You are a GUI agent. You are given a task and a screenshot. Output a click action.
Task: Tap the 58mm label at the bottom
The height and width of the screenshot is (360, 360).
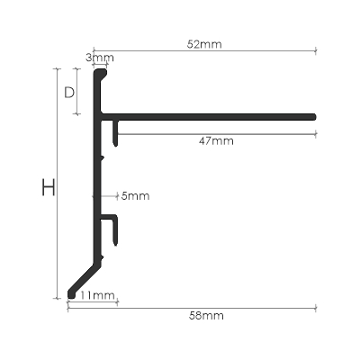[207, 316]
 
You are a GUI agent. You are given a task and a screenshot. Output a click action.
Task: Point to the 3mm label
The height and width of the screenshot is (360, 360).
[100, 58]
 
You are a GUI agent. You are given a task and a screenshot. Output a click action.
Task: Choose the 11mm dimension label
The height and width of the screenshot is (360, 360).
[96, 295]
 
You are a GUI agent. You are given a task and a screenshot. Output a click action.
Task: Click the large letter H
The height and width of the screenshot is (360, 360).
[49, 188]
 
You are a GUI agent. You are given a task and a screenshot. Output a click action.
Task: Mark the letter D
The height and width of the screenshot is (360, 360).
[68, 91]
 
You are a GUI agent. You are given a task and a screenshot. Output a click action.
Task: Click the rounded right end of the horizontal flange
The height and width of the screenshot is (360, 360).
[314, 116]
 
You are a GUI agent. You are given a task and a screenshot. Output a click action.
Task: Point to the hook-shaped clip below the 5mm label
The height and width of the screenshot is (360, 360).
[114, 229]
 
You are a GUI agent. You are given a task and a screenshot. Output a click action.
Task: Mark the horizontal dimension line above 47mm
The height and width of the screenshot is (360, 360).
[216, 133]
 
